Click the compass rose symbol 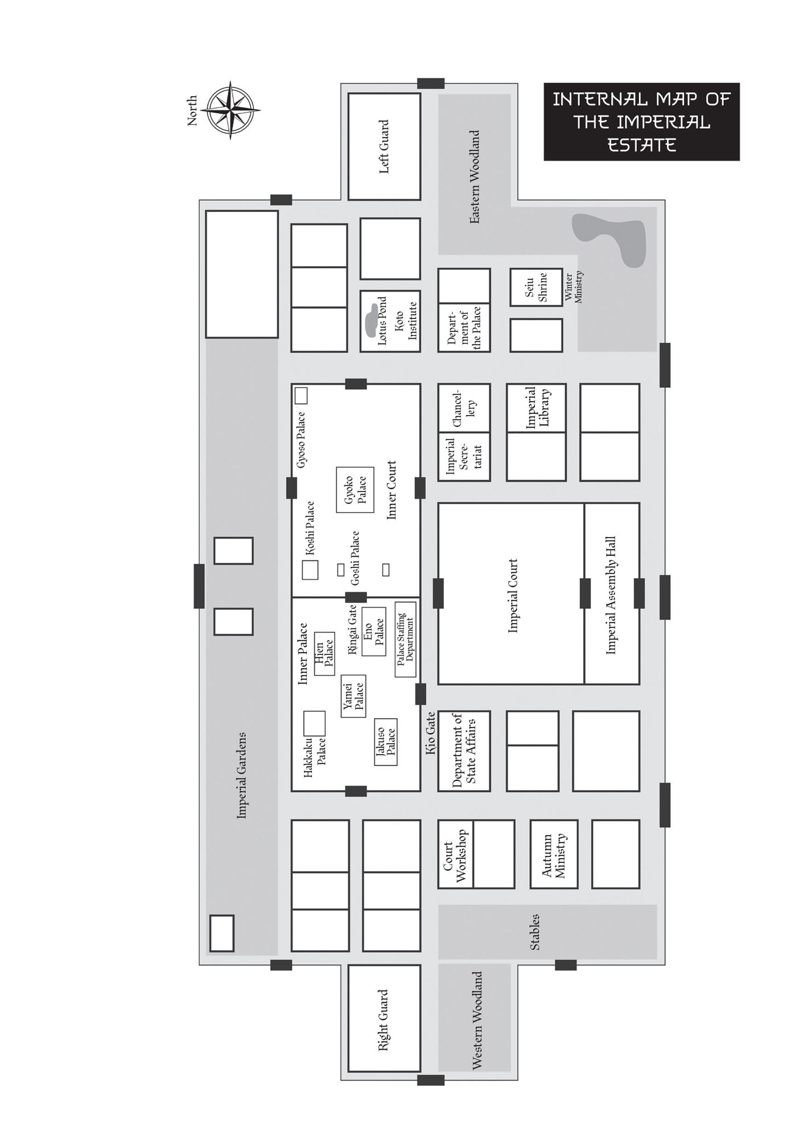tap(230, 110)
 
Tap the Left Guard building tap(384, 146)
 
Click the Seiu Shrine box tap(536, 287)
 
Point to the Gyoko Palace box tap(355, 490)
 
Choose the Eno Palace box tap(373, 631)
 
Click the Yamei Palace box tap(353, 696)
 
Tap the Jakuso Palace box tap(386, 741)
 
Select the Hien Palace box tap(324, 654)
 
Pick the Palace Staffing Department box tap(405, 639)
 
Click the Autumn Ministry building tap(554, 854)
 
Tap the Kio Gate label tap(431, 733)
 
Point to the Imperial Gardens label tap(242, 776)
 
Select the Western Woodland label tap(477, 1021)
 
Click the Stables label tap(535, 932)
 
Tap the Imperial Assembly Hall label tap(611, 595)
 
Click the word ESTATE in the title tap(641, 145)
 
